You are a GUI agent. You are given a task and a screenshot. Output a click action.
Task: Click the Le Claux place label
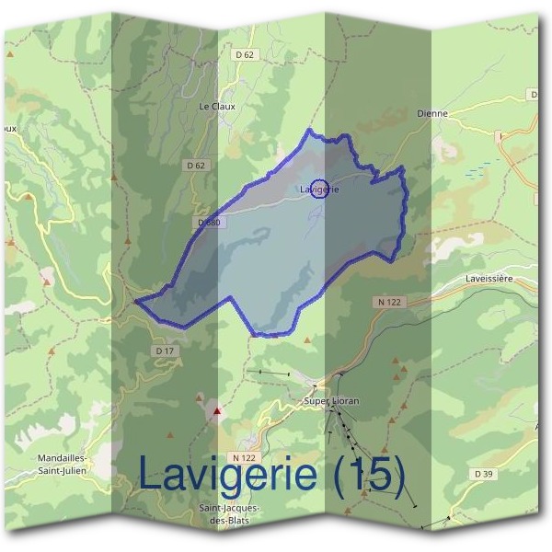217,106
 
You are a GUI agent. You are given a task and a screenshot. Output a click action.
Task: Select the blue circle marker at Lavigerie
319,189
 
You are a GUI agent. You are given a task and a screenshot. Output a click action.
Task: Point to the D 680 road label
209,223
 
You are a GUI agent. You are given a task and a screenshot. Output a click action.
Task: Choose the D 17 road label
165,351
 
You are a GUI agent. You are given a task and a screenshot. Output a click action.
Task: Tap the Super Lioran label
331,401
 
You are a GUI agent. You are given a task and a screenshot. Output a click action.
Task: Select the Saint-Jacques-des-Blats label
229,514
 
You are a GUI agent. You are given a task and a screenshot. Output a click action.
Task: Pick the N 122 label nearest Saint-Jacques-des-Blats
243,457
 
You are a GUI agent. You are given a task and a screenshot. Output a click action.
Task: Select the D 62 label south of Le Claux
195,166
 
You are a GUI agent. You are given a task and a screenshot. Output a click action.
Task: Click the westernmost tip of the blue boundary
136,300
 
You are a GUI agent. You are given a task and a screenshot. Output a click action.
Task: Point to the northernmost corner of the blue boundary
310,131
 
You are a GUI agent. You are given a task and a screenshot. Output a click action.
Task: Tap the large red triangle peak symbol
217,411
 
